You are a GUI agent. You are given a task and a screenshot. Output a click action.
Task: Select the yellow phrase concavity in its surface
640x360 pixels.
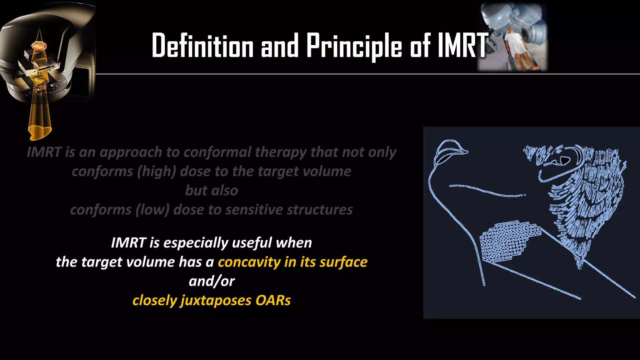coord(292,262)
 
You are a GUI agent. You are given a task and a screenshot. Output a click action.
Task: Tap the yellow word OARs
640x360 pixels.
coord(273,300)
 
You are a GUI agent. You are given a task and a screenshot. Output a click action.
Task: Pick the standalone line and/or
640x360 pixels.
coord(212,281)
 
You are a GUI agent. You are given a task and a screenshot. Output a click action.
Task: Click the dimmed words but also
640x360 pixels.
coord(212,190)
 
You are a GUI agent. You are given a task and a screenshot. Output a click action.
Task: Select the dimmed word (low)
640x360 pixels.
coord(152,210)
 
